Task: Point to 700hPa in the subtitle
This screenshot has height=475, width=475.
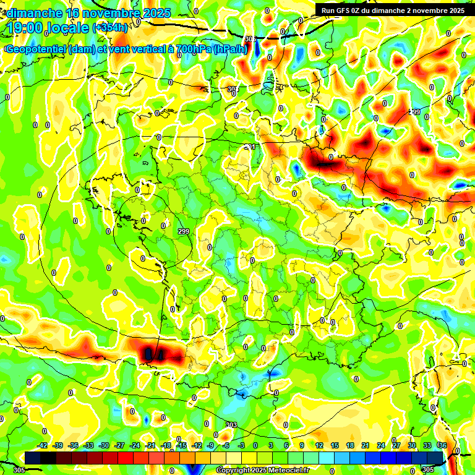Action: [x=192, y=49]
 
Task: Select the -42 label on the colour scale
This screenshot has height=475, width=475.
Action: [x=43, y=445]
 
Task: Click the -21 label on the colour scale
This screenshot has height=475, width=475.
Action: [x=150, y=445]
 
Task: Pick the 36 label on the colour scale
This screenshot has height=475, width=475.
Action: [x=443, y=445]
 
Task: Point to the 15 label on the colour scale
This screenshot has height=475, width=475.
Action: [x=335, y=445]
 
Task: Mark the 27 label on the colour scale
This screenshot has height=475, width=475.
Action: [x=396, y=445]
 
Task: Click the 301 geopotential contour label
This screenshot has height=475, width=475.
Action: [x=250, y=147]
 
